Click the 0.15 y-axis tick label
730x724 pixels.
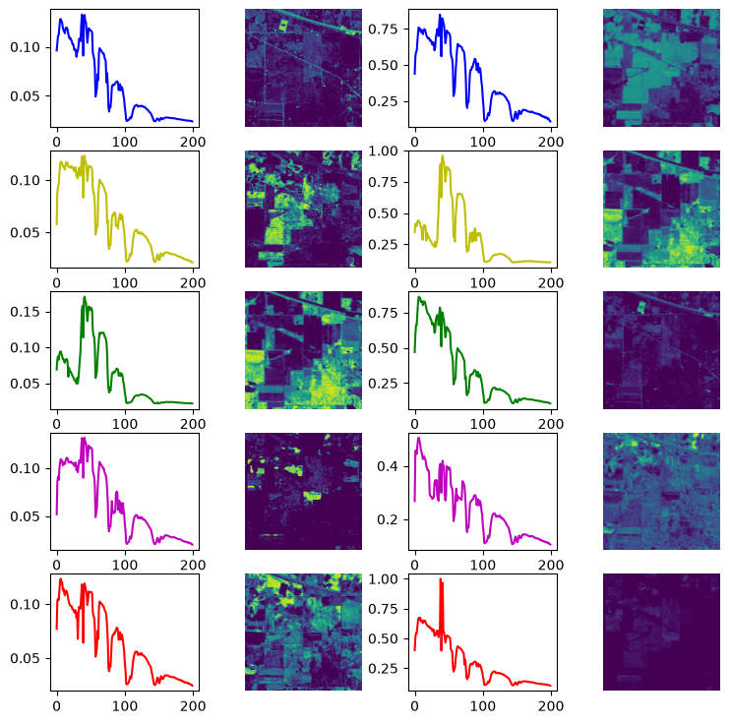26,312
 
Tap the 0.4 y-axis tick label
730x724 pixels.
388,466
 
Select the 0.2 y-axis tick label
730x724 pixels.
388,519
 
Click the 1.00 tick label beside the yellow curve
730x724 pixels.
383,151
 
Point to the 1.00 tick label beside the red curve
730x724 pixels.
383,579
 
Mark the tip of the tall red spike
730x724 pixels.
441,579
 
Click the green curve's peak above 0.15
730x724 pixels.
85,297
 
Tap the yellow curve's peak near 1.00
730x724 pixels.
443,156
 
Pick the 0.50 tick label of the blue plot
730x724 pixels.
383,65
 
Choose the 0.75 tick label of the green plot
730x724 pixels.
383,313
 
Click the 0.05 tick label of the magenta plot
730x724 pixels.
26,516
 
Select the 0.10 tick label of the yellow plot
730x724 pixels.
26,181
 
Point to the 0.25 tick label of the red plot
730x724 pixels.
383,669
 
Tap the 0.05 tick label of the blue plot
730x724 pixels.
26,96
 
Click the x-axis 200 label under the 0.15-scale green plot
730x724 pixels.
193,424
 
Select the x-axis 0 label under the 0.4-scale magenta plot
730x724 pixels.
415,566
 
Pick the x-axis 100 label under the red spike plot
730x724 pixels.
483,706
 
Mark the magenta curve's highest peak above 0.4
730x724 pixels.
419,438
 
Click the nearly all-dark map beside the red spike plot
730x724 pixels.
661,632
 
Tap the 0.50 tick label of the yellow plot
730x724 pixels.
383,213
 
